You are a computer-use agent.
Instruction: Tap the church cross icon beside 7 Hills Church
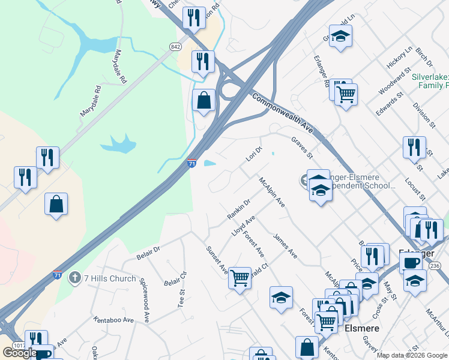[74, 278]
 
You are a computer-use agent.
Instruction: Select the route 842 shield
[175, 46]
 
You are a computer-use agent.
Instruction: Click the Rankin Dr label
[238, 209]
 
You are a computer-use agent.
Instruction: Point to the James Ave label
[285, 246]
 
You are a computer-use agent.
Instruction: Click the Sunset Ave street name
[216, 259]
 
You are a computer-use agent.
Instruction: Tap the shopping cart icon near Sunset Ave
[240, 278]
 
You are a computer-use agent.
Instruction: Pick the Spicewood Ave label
[145, 293]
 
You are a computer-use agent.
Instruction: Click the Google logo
[20, 353]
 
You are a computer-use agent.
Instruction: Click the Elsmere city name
[362, 328]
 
